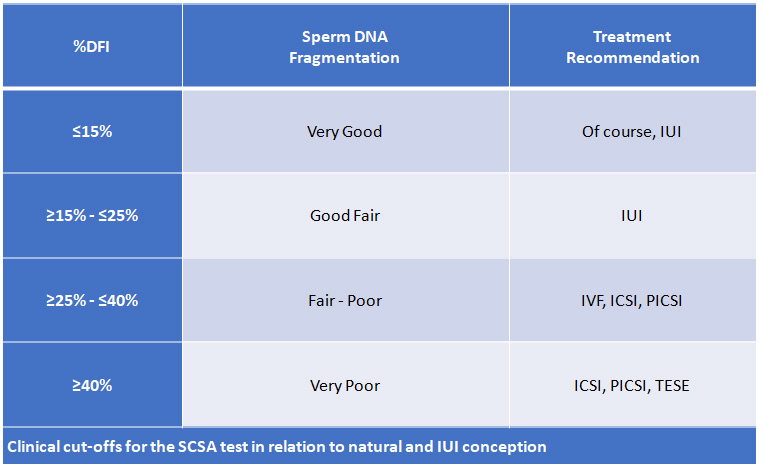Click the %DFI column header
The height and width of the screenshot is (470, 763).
point(91,47)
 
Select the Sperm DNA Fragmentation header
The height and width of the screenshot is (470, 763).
point(344,47)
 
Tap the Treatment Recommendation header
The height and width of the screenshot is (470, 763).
point(632,47)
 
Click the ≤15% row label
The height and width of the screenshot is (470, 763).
point(91,131)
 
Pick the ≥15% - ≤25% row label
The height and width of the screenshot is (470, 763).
point(91,216)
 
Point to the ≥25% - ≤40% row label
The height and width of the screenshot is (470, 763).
point(91,301)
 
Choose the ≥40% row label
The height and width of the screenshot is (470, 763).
point(91,385)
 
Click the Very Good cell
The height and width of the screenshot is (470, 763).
point(344,131)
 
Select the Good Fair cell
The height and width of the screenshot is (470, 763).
point(344,216)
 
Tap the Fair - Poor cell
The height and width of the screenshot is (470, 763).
point(344,301)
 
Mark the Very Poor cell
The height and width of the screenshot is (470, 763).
point(344,385)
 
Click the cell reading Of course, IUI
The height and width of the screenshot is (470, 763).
point(632,131)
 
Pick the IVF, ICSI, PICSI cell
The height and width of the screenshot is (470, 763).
point(632,301)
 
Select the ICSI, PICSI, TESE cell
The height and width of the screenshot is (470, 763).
point(632,385)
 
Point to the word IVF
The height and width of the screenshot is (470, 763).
point(594,301)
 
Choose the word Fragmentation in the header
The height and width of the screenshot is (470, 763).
point(344,57)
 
